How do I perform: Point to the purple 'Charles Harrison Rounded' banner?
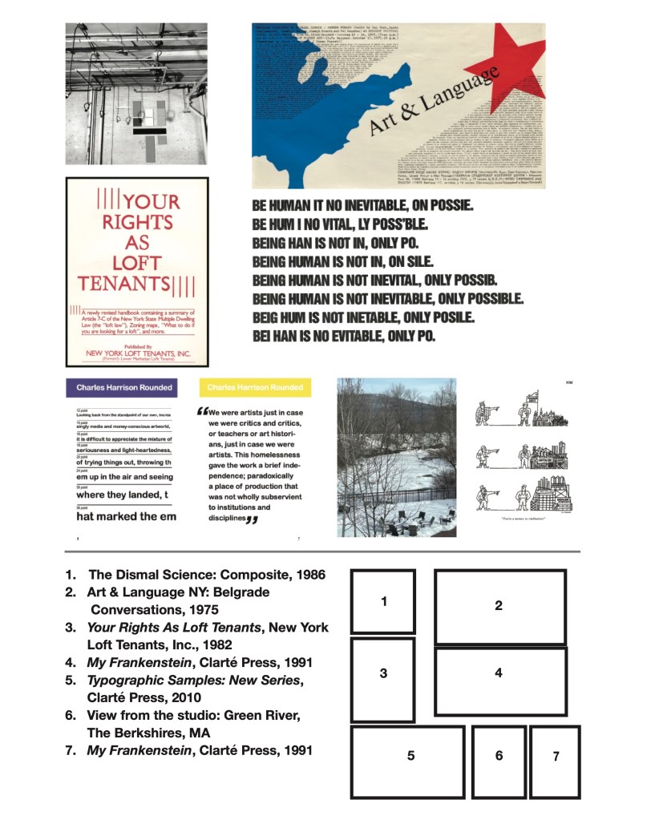[x=124, y=388]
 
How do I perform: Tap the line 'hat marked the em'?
[x=127, y=516]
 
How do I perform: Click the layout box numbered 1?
[x=383, y=601]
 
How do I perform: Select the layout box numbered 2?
[x=499, y=606]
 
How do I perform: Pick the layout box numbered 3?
[x=383, y=679]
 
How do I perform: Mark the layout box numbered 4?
[x=499, y=681]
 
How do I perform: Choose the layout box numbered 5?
[x=408, y=761]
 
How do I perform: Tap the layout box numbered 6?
[x=498, y=761]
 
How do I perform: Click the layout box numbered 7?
[x=555, y=761]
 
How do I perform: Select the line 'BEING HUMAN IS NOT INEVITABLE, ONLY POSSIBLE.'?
[x=387, y=299]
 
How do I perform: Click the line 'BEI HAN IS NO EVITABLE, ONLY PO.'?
[x=344, y=335]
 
